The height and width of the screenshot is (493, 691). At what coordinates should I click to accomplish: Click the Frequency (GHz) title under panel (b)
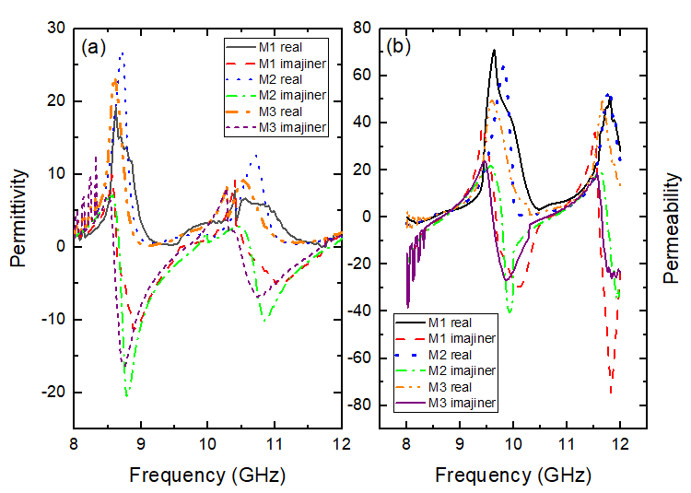[x=513, y=476]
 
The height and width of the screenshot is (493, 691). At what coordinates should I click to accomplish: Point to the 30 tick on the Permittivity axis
[x=57, y=29]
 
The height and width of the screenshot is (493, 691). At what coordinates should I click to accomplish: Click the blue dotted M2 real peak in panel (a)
[x=122, y=53]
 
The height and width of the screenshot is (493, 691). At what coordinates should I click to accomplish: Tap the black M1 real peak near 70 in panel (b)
[x=495, y=51]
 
